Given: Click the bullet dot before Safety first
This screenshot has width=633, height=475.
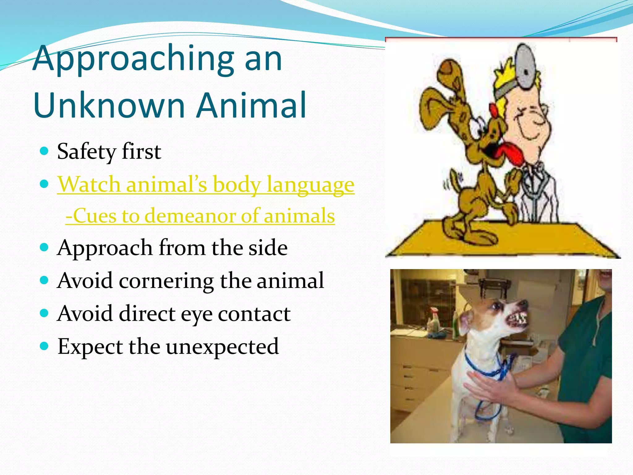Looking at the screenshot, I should pyautogui.click(x=45, y=151).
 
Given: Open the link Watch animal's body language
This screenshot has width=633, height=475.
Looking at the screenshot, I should pyautogui.click(x=206, y=185).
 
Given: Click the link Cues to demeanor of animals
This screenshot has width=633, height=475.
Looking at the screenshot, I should pyautogui.click(x=200, y=216).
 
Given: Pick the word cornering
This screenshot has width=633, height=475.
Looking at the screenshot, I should pyautogui.click(x=166, y=281).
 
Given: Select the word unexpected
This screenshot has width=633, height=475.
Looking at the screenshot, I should pyautogui.click(x=222, y=347).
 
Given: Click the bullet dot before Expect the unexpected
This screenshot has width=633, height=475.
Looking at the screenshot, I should pyautogui.click(x=45, y=345).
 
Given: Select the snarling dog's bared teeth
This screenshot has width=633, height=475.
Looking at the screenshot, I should pyautogui.click(x=519, y=319).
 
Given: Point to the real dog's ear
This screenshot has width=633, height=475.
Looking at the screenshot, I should pyautogui.click(x=465, y=322).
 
